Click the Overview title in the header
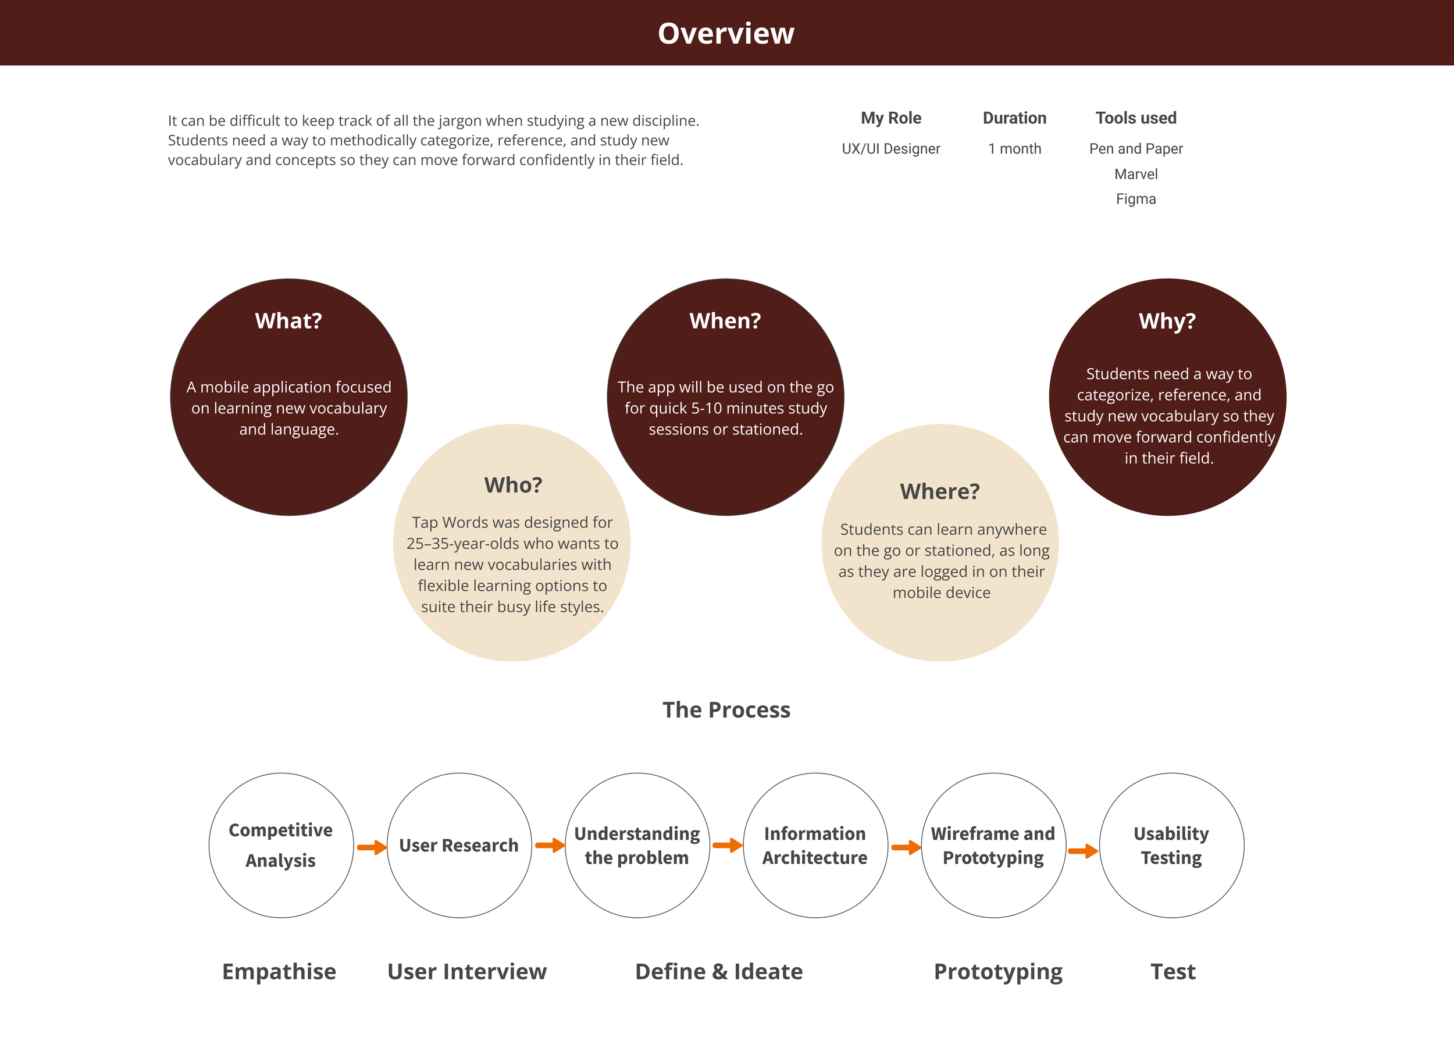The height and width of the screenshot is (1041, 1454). (726, 33)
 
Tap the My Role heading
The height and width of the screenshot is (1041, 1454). (890, 118)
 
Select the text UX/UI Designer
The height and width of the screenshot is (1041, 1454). (890, 149)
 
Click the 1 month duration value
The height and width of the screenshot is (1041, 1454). (1014, 149)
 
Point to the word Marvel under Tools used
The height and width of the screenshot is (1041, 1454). (1135, 174)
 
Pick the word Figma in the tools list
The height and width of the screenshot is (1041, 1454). (1135, 199)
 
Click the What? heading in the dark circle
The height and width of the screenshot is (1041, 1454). (288, 320)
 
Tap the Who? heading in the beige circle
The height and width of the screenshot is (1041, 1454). (513, 485)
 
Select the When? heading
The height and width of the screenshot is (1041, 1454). (725, 320)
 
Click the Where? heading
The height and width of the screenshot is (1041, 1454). (940, 491)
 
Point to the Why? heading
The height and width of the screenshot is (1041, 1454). (1167, 320)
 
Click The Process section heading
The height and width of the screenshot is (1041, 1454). (726, 710)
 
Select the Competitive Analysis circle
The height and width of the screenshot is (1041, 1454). (281, 845)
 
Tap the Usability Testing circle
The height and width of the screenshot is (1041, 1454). (1171, 845)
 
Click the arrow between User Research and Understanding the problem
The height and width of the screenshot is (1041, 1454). (550, 846)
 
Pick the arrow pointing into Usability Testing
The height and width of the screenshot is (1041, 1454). (1083, 851)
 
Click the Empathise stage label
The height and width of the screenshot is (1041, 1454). (279, 972)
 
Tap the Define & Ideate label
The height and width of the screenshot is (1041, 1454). (719, 972)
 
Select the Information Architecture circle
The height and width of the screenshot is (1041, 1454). (815, 845)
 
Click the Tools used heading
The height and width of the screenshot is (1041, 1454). (1135, 118)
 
